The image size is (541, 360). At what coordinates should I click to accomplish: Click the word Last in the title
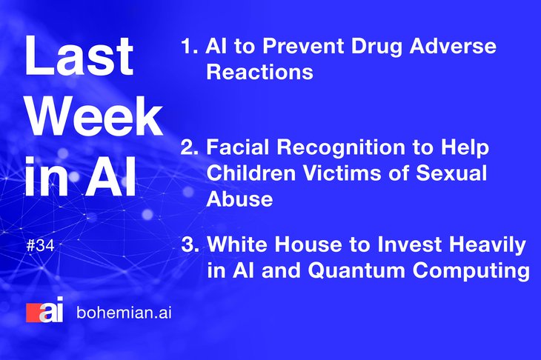[79, 56]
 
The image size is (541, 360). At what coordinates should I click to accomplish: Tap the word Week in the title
[94, 116]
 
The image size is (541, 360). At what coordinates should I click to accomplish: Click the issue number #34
[40, 246]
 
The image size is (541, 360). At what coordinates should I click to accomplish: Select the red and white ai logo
[44, 310]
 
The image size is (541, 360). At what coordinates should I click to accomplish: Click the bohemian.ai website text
[124, 313]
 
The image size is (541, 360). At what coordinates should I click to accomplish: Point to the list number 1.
[189, 46]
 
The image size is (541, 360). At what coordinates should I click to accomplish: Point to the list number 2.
[190, 147]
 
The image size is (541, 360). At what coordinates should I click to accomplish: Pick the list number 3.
[190, 244]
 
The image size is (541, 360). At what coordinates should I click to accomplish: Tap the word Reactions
[260, 72]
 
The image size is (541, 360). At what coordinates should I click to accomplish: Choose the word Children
[250, 173]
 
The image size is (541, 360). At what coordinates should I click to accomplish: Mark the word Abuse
[239, 199]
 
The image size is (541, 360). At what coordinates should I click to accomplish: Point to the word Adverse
[453, 46]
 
